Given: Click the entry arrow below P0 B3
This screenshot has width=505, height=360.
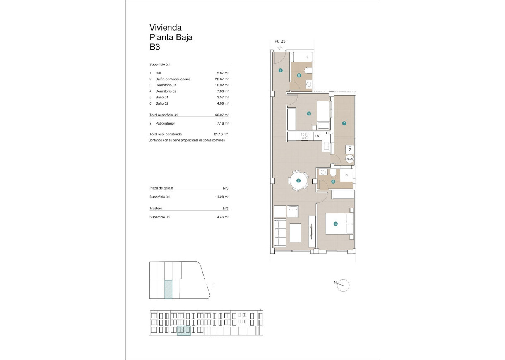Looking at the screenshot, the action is point(279,48).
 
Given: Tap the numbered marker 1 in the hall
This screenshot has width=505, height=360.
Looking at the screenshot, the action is point(280,70).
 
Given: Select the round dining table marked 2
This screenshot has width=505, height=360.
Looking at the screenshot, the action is point(298,180).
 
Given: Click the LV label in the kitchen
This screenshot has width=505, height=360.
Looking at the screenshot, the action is point(317,136).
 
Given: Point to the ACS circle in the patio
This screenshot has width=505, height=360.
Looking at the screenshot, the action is point(349,159).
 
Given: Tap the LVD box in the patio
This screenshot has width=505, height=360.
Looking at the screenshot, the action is point(350,149).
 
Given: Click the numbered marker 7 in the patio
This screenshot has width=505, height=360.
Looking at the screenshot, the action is point(344,123).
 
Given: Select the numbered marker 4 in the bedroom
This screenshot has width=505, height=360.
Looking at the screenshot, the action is point(309,114).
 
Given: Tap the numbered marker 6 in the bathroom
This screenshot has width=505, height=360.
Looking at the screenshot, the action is point(299,75).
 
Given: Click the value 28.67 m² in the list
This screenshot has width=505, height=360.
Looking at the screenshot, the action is point(222,79).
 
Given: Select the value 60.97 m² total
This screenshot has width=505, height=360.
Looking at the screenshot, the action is point(222,115).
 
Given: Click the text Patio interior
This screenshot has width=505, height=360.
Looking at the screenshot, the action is point(165,124).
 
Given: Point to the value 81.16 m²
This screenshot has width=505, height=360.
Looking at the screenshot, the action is point(221,134).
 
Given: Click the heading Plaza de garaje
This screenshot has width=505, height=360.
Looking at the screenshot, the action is point(161,188).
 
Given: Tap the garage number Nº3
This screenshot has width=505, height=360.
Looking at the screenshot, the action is point(226,188).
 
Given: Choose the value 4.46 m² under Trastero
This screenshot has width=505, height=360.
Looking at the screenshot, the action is point(223,217).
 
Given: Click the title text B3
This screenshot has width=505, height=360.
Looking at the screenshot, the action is point(155,47).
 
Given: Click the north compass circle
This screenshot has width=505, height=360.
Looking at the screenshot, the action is point(343,285).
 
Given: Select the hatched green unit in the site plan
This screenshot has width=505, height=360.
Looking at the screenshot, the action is point(168,289).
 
